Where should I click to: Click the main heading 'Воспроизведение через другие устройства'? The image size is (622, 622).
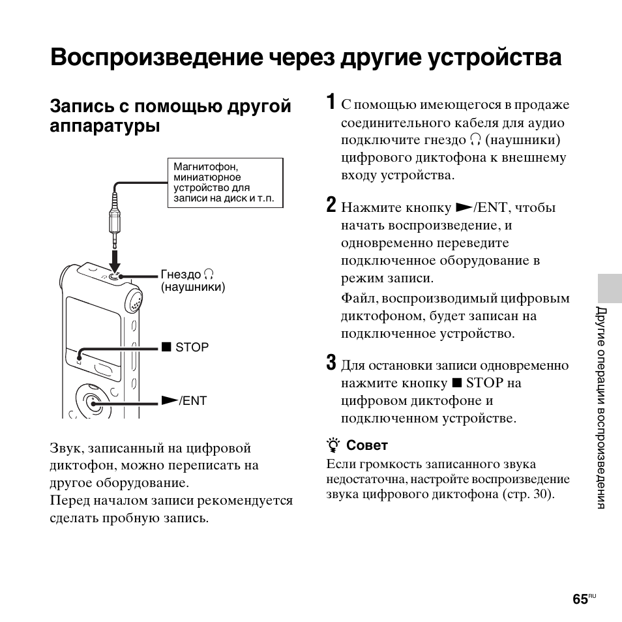[305, 57]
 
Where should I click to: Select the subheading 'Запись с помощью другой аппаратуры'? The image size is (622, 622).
[170, 115]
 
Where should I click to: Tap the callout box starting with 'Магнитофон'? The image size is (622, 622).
[225, 183]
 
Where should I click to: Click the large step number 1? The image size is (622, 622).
[331, 102]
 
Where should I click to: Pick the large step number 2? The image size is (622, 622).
[331, 205]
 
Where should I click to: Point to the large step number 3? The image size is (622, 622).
[331, 363]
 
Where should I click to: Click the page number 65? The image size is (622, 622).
[580, 599]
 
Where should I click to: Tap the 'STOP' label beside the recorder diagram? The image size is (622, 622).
[192, 348]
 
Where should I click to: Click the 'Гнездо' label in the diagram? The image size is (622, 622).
[181, 274]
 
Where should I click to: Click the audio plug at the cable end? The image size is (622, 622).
[115, 222]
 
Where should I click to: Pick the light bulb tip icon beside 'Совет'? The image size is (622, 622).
[334, 445]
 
